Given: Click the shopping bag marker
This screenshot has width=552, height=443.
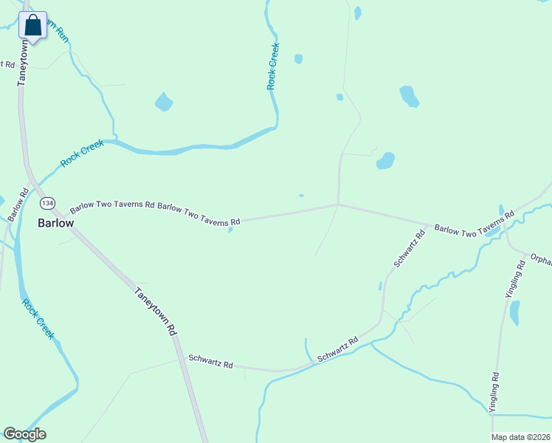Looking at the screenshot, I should pos(33,26).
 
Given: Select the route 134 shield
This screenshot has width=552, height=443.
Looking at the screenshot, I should pos(47,203).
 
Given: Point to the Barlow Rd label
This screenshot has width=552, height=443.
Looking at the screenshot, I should pos(18,205).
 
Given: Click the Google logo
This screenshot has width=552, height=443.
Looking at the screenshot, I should pos(24,434).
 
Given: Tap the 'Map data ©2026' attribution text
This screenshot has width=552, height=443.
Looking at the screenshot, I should pos(520,437).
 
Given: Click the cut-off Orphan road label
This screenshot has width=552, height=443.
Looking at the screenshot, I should pos(540,260).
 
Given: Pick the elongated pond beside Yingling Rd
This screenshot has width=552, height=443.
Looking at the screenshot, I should pos(514,312).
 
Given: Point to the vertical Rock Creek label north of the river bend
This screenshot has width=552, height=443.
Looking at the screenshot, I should pos(273,66).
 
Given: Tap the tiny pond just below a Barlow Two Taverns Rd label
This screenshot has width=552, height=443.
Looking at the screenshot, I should pos(230,230).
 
